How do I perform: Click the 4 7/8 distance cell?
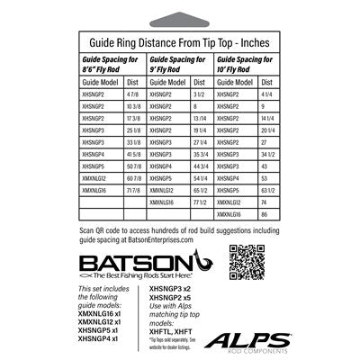tap(133, 93)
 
